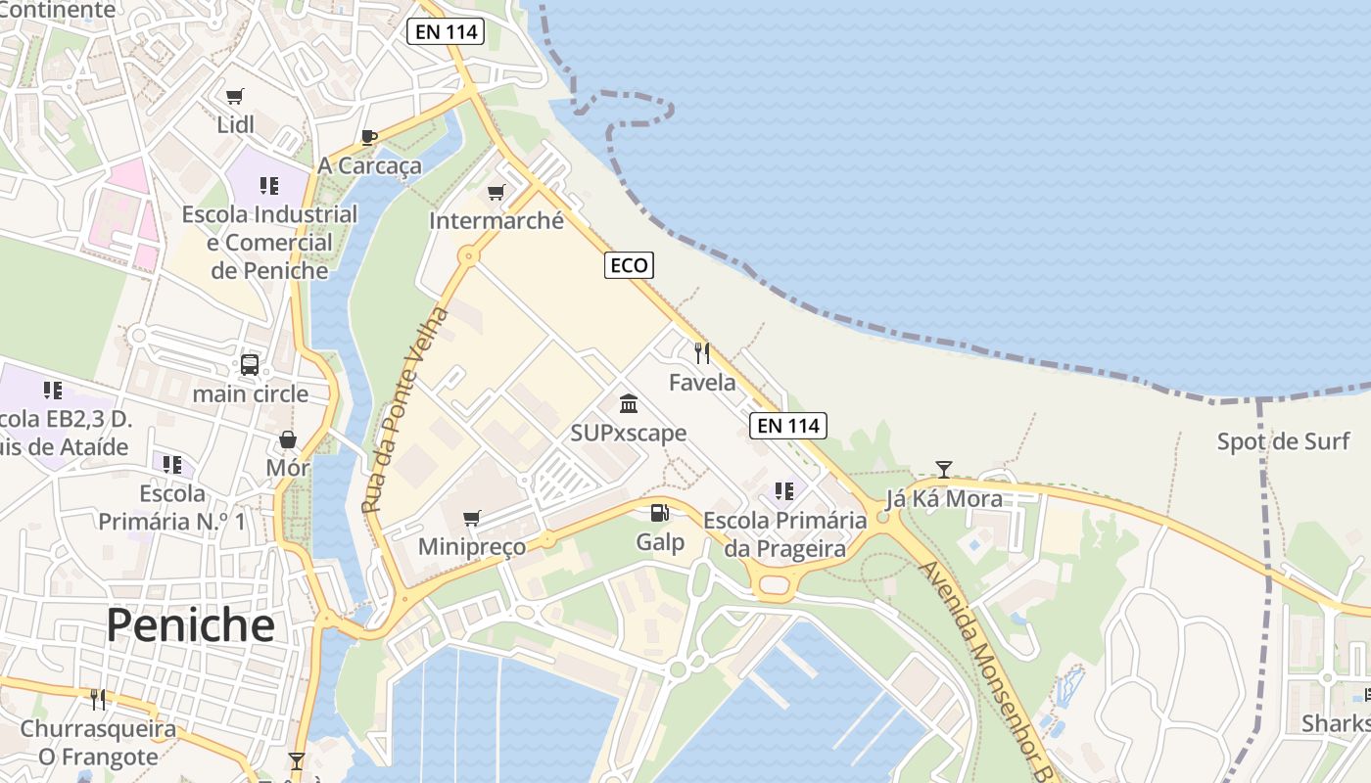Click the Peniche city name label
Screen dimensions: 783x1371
coord(190,623)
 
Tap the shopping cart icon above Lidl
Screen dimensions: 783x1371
coord(234,96)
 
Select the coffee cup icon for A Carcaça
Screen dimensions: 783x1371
coord(368,137)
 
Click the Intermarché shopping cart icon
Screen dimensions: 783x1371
coord(496,192)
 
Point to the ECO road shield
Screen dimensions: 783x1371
coord(628,265)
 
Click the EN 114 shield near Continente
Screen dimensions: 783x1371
coord(447,31)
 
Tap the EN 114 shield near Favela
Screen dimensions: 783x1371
coord(788,426)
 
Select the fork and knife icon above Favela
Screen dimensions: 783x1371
coord(701,352)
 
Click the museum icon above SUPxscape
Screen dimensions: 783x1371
coord(629,403)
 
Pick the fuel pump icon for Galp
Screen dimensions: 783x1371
coord(660,513)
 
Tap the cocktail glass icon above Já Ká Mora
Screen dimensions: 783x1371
coord(943,470)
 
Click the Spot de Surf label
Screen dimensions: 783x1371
coord(1283,441)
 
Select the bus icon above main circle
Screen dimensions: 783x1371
coord(250,365)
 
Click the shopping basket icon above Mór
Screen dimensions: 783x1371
coord(288,439)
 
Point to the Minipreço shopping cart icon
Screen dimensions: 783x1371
coord(472,518)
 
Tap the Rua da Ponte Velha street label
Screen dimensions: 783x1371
coord(403,411)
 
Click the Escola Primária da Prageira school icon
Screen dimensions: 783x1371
coord(783,490)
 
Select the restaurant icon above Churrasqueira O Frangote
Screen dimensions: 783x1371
coord(98,700)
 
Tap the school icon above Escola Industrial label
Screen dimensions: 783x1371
coord(269,185)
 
